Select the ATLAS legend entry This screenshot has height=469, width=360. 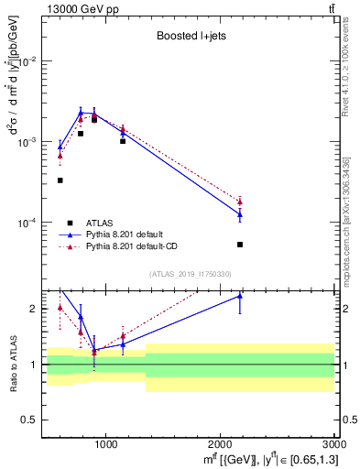pyautogui.click(x=98, y=223)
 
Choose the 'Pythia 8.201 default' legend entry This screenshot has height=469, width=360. pyautogui.click(x=129, y=234)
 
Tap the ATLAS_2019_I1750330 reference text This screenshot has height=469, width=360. pyautogui.click(x=189, y=274)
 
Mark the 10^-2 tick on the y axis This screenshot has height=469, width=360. pyautogui.click(x=27, y=61)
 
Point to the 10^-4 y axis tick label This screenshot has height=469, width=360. pyautogui.click(x=27, y=223)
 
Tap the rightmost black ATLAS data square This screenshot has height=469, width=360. pyautogui.click(x=240, y=245)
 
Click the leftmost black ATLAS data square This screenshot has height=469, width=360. pyautogui.click(x=60, y=180)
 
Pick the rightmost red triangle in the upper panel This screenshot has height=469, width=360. pyautogui.click(x=240, y=201)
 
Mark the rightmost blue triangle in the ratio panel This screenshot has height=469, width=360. pyautogui.click(x=240, y=296)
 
